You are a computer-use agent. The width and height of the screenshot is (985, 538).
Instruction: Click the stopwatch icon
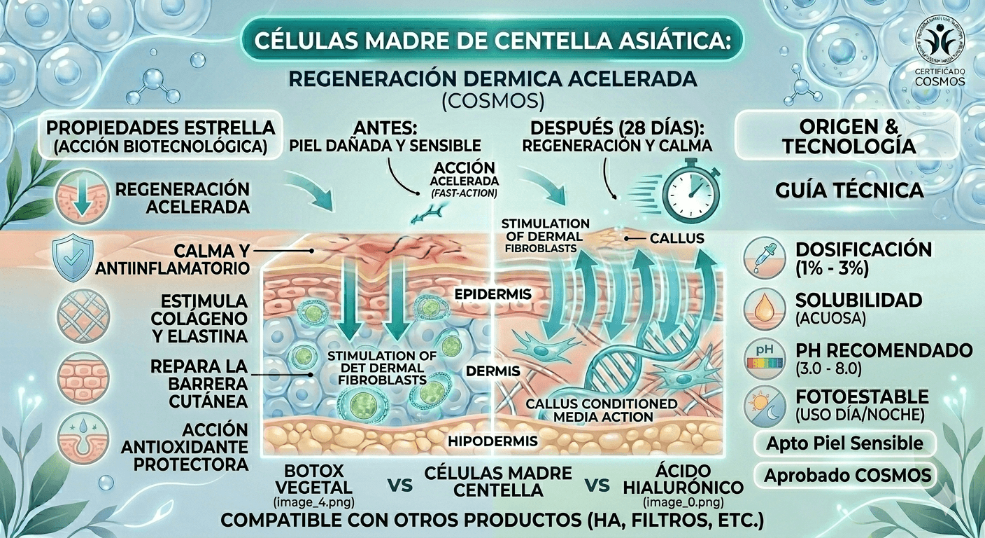(689, 188)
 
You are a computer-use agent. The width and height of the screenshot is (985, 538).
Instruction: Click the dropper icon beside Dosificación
(765, 256)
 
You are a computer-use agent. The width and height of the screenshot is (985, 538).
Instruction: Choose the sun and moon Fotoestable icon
(765, 406)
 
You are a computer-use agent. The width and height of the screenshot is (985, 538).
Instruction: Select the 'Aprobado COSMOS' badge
(848, 476)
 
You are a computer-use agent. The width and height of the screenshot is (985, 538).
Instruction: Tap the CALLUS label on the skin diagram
(676, 239)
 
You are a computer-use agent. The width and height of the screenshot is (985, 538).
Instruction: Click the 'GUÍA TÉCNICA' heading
(849, 190)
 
